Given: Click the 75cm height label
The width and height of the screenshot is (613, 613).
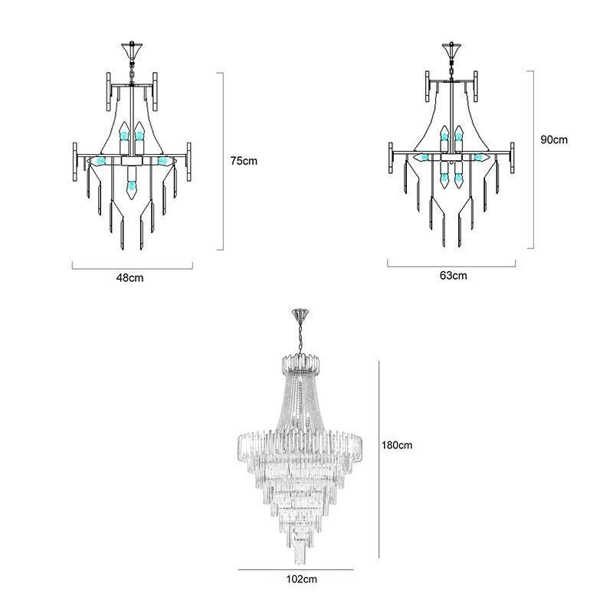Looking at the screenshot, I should pyautogui.click(x=244, y=162).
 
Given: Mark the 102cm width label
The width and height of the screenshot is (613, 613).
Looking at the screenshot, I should pyautogui.click(x=295, y=579).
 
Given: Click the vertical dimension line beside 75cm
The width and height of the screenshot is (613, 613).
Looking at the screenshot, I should pyautogui.click(x=223, y=161).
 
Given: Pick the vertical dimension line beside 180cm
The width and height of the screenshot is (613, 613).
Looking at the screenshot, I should pyautogui.click(x=381, y=460).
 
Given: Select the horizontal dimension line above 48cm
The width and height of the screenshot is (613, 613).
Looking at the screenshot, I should pyautogui.click(x=133, y=266).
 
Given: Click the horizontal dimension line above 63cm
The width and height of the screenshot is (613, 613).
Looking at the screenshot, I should pyautogui.click(x=453, y=265).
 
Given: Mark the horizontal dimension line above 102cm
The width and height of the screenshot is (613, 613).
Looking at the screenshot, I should pyautogui.click(x=295, y=569).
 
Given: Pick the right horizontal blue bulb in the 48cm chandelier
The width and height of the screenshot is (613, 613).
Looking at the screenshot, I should pyautogui.click(x=162, y=162).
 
